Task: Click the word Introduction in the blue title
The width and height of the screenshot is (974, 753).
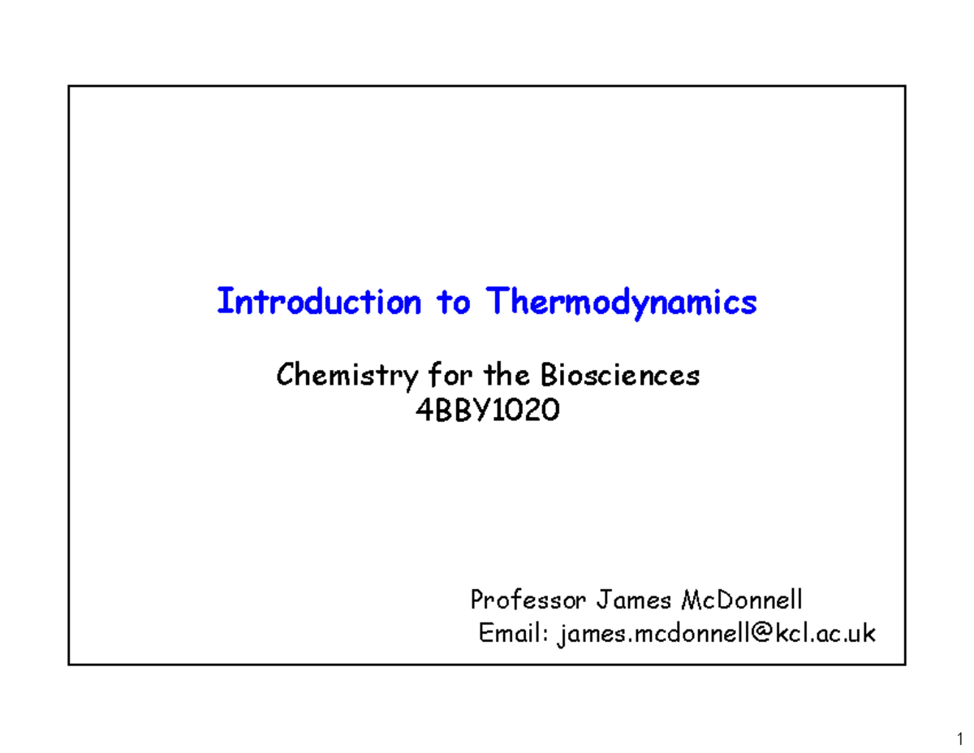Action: click(x=319, y=303)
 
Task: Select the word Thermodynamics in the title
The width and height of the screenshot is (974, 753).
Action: click(x=622, y=303)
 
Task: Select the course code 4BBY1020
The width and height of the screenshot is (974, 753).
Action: click(x=487, y=412)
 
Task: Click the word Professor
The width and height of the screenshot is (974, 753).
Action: click(x=528, y=600)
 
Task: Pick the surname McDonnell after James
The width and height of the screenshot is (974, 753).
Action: click(x=742, y=600)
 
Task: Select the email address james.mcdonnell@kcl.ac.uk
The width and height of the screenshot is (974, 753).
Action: click(x=717, y=633)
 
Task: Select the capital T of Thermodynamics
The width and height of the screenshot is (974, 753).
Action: click(x=497, y=302)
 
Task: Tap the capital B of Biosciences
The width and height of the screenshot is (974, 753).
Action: click(x=548, y=376)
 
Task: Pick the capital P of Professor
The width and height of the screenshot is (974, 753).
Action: click(x=478, y=600)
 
